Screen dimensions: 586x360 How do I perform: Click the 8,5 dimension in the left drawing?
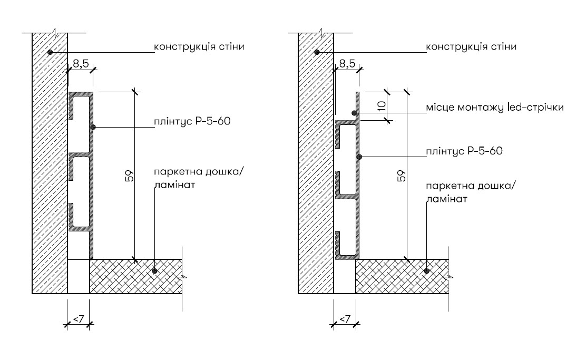point(81,64)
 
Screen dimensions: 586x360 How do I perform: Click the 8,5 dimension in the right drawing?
point(347,64)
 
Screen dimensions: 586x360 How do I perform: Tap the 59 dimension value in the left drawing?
point(129,176)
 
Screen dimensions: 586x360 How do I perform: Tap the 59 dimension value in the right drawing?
point(402,176)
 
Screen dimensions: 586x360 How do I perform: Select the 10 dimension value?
point(381,106)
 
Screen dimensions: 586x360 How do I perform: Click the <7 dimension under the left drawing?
point(79,319)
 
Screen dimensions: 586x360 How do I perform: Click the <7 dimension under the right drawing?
point(345,319)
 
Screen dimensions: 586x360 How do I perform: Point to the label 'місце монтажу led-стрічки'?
point(495,108)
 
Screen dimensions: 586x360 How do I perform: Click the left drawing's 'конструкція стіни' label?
point(199,47)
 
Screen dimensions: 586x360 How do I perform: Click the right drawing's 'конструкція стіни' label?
point(471,47)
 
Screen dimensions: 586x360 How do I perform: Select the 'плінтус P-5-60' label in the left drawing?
point(192,122)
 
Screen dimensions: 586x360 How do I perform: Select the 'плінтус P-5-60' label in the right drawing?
point(464,151)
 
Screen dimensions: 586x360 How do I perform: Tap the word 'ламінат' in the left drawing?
point(174,184)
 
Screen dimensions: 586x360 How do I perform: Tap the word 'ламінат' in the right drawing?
point(446,199)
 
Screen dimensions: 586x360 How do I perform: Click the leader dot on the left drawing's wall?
point(50,52)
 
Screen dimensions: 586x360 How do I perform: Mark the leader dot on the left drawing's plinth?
point(93,128)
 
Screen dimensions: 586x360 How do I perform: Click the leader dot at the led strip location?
point(354,112)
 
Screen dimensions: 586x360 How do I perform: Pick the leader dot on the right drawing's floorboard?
point(426,271)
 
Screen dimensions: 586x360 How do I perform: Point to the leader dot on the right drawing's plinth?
point(359,157)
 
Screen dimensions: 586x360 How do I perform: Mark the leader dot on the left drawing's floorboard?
point(155,271)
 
